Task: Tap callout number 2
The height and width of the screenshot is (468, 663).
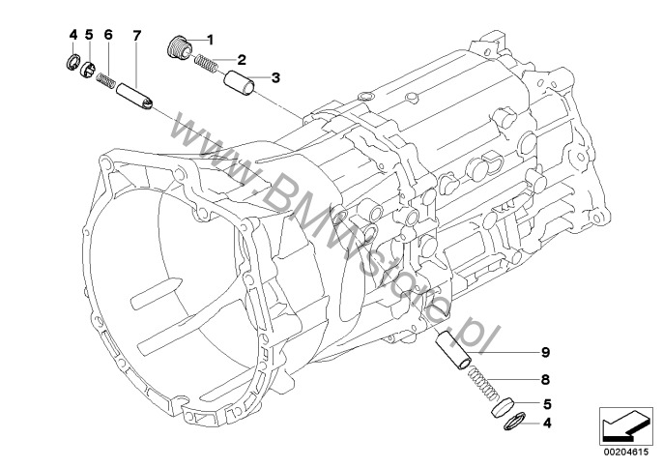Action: (x=242, y=59)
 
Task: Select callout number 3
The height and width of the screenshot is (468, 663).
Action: (x=275, y=76)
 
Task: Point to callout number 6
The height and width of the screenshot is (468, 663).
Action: (x=108, y=35)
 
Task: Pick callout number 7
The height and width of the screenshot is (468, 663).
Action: (x=136, y=35)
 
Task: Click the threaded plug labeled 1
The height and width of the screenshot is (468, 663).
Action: (x=178, y=44)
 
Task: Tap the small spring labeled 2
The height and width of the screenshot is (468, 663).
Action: (x=206, y=65)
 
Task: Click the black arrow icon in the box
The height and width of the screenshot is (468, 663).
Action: (x=621, y=424)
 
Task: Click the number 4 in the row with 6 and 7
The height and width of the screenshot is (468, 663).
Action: (x=72, y=35)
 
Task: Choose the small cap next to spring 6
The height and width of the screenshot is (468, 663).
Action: (x=87, y=69)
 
